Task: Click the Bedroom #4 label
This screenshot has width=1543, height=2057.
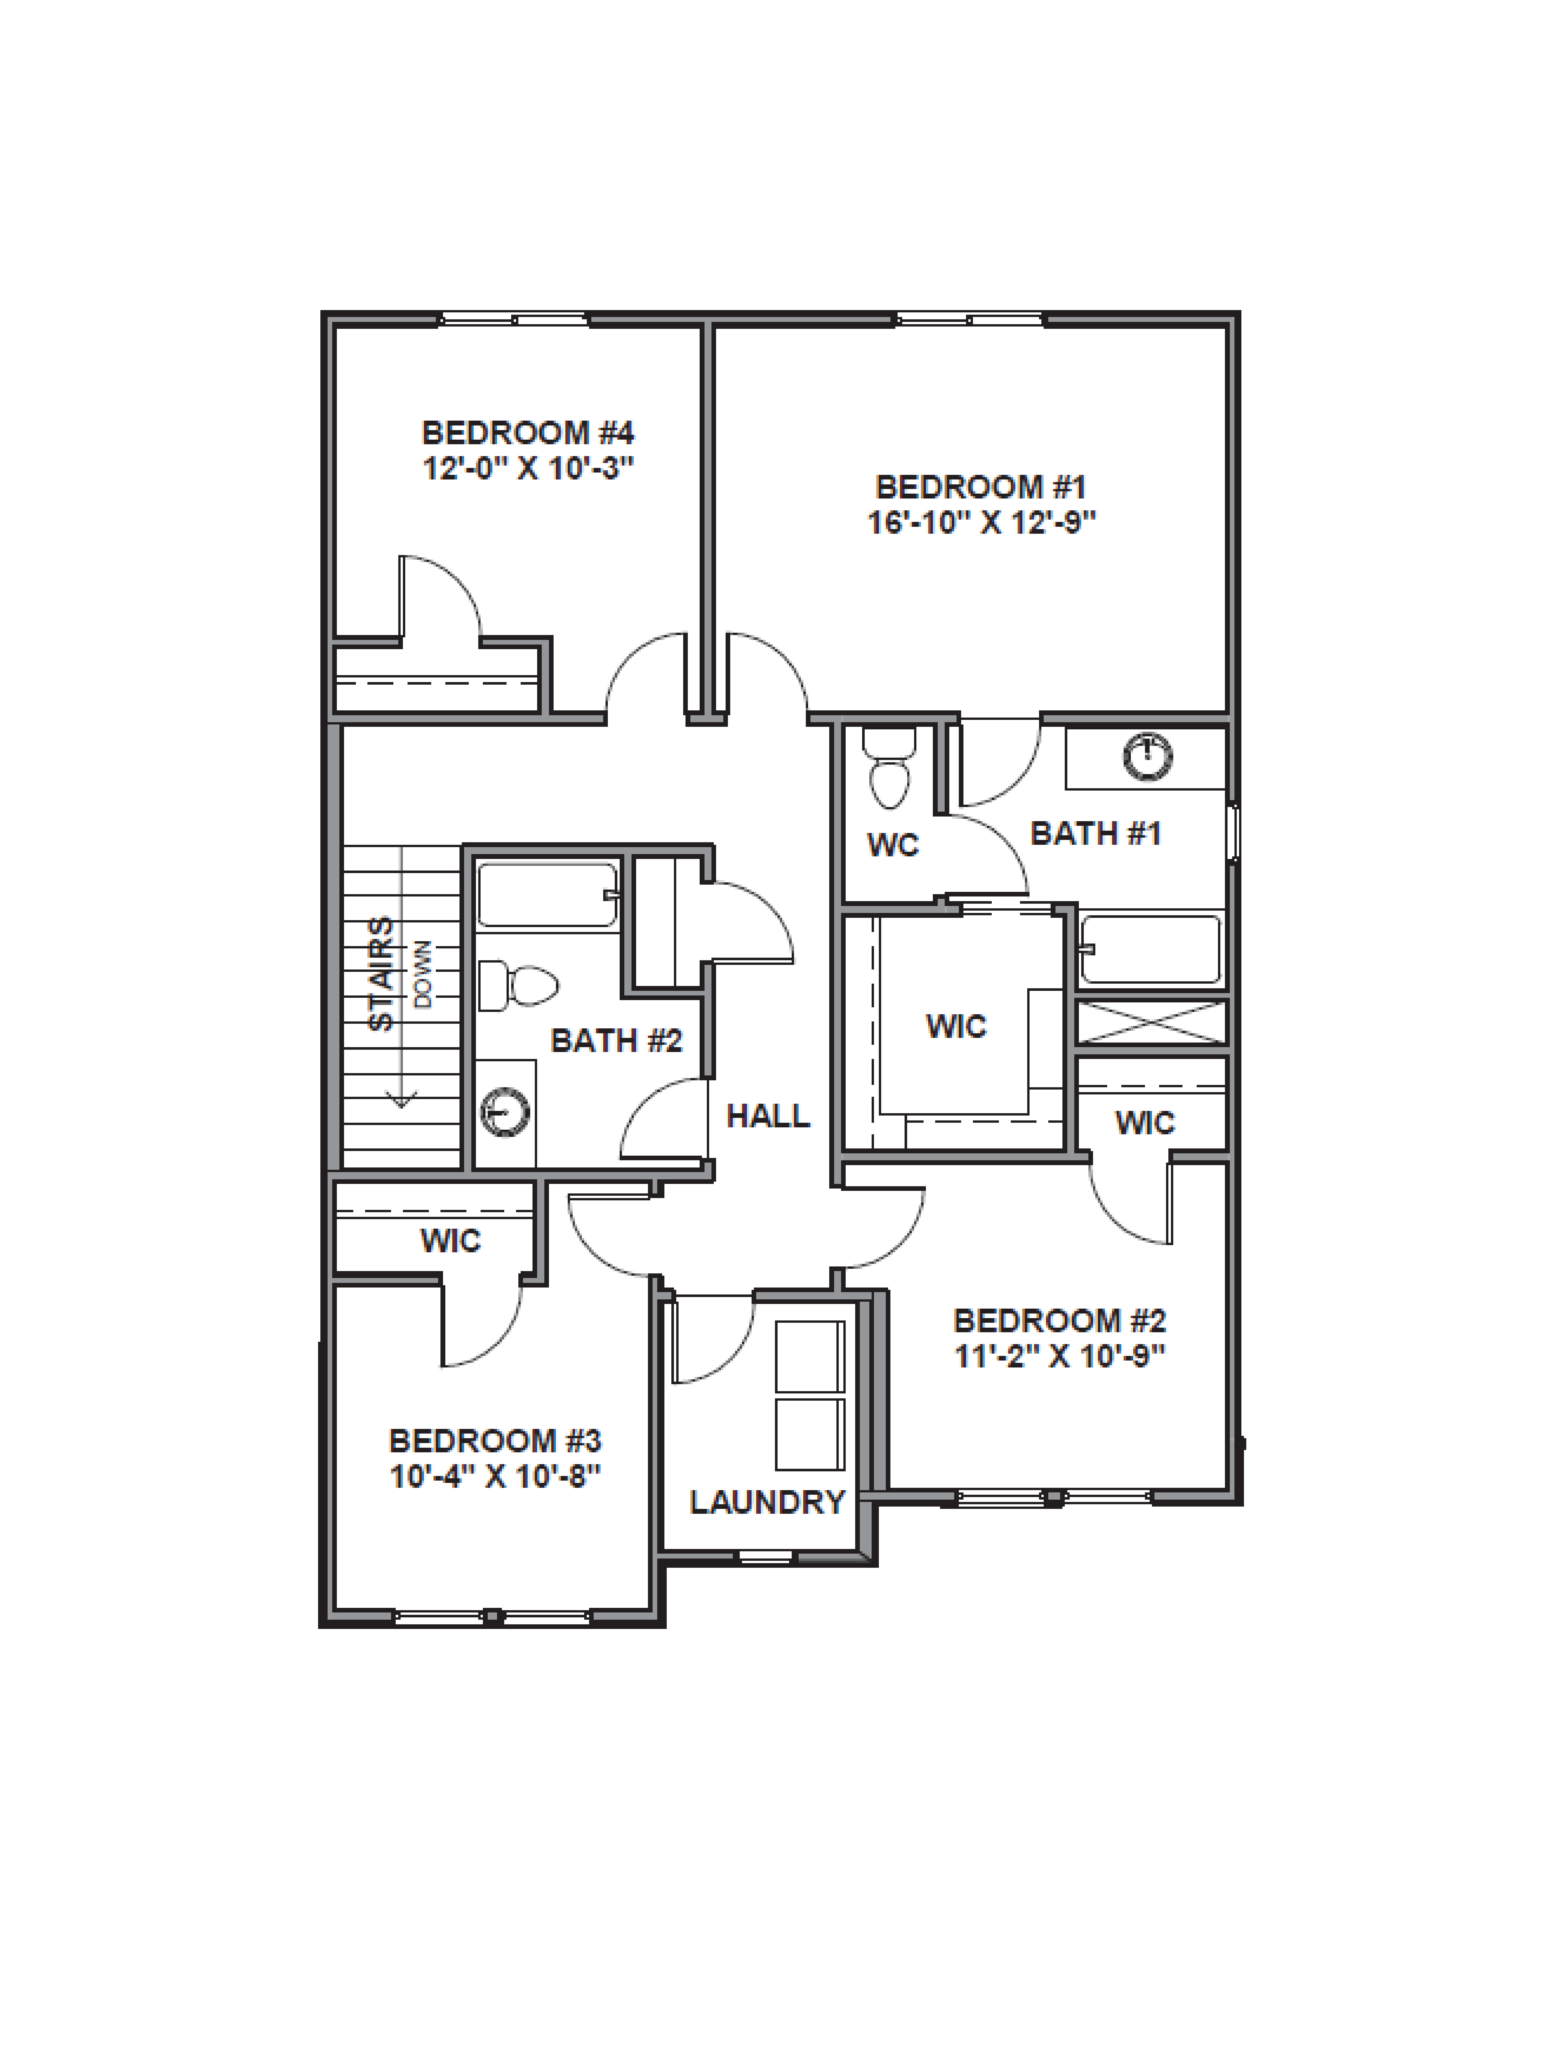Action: pos(527,432)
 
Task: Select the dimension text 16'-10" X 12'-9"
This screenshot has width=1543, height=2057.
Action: pos(981,523)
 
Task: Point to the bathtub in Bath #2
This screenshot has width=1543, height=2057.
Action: pos(547,895)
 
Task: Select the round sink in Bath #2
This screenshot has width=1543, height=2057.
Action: pos(505,1111)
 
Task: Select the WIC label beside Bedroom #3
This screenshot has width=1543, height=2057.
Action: pos(450,1240)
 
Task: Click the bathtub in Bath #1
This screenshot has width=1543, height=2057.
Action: pos(1151,948)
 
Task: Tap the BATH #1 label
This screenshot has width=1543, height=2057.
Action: pos(1096,833)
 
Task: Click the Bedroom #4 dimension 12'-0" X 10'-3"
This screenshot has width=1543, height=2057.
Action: pos(527,468)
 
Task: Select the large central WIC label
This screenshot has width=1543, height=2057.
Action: pos(955,1026)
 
